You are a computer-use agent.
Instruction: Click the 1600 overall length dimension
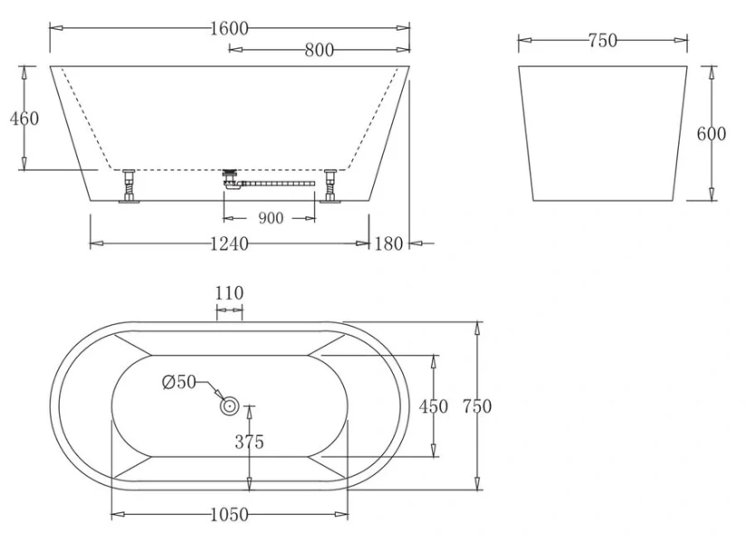229,29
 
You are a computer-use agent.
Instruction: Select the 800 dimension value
320,50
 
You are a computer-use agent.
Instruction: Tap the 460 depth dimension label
24,119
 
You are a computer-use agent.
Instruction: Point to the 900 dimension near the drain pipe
271,218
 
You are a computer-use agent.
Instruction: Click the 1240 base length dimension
229,244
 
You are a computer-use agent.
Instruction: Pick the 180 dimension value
388,244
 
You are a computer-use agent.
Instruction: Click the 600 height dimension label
712,134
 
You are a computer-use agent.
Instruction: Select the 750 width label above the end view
603,41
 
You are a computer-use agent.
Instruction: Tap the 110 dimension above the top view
229,293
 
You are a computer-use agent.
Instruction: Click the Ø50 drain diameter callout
179,382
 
